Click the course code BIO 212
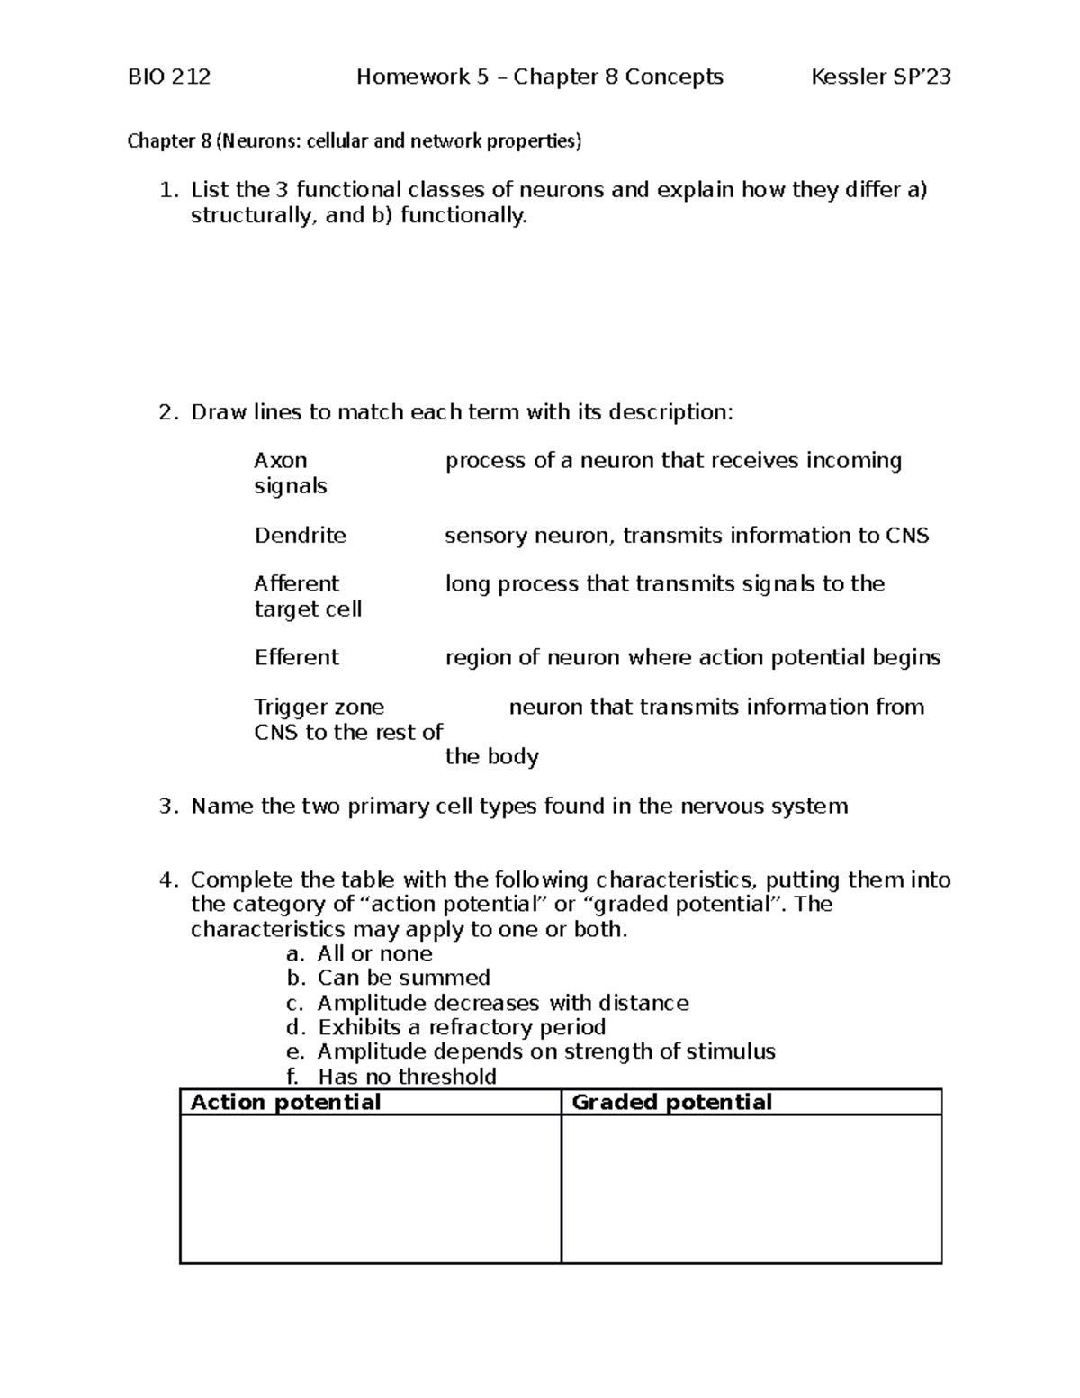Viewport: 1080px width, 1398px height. point(169,77)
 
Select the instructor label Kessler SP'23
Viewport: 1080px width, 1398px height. point(880,77)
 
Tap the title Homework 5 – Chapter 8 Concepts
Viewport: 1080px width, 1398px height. point(539,77)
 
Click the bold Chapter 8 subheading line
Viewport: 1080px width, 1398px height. point(355,141)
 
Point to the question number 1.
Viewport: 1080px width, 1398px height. point(166,190)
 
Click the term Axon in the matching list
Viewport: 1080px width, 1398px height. point(281,461)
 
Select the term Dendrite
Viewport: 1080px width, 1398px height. point(300,536)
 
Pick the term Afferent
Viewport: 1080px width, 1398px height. point(296,584)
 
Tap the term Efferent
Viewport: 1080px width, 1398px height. point(296,658)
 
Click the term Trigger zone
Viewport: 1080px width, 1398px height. point(319,708)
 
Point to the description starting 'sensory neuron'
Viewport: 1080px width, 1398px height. point(687,536)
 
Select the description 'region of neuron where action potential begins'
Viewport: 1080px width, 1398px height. point(692,658)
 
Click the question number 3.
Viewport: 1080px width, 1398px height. point(166,807)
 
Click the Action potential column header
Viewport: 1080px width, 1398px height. point(285,1103)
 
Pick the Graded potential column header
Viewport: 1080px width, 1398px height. point(671,1103)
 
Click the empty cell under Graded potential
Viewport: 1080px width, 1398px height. point(751,1188)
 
